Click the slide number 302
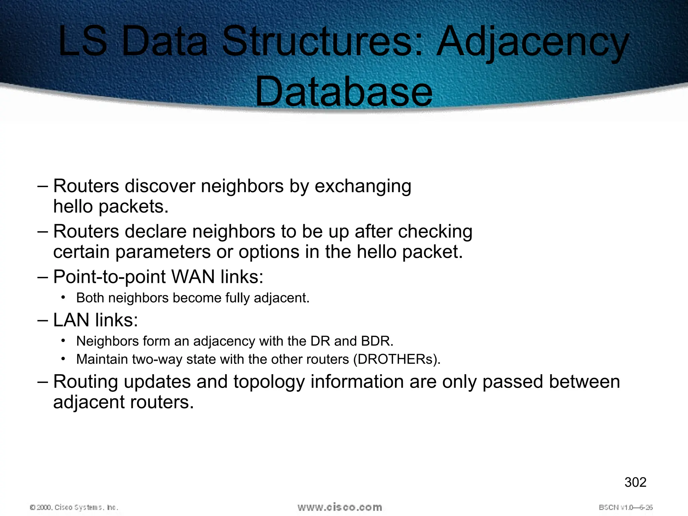pos(635,482)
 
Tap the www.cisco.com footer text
pos(340,507)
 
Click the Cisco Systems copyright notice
pos(74,507)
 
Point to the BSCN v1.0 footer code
pos(626,507)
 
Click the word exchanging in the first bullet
pos(363,186)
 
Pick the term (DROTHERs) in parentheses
pos(396,359)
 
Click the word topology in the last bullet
pos(269,382)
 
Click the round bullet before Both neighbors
pos(63,297)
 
